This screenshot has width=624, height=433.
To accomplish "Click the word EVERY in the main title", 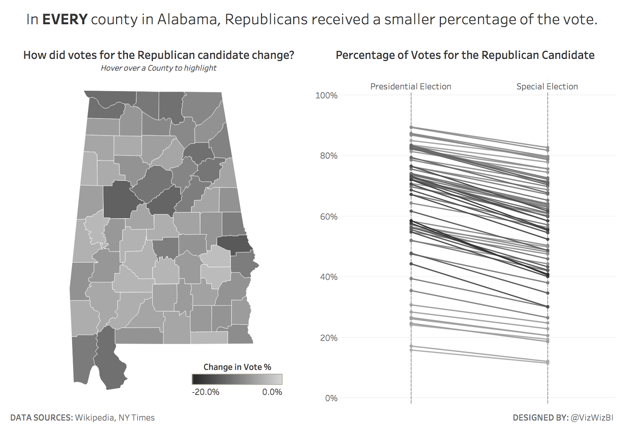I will [x=65, y=19].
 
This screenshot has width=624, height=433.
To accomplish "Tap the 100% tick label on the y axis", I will [x=326, y=95].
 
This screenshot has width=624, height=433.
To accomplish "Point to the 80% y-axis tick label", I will [x=328, y=156].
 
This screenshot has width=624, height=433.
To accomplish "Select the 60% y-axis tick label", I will [x=328, y=217].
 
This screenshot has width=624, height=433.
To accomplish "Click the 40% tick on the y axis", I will [x=328, y=277].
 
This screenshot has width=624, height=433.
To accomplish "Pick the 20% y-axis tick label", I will [x=328, y=338].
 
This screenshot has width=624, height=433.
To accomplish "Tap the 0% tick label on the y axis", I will [x=331, y=398].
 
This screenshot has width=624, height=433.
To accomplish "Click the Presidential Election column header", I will [x=411, y=87].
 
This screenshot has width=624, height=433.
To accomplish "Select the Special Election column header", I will [x=547, y=87].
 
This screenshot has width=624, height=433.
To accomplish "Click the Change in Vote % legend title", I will [x=237, y=367].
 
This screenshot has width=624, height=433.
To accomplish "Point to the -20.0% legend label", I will [x=206, y=392].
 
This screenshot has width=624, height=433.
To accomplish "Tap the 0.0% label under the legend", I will [x=272, y=392].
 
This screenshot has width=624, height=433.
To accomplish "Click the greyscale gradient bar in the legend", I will [x=237, y=379].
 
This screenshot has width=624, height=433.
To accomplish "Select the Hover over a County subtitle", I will [x=158, y=68].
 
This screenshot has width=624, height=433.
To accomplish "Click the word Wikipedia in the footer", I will [x=94, y=418].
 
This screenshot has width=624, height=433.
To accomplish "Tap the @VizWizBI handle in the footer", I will [x=592, y=418].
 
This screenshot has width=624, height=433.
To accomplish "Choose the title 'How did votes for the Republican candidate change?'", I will [x=158, y=55].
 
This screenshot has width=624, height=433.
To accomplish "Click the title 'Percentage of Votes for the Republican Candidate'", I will [x=465, y=55].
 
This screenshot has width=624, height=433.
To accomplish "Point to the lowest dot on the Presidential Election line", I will [x=411, y=350].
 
